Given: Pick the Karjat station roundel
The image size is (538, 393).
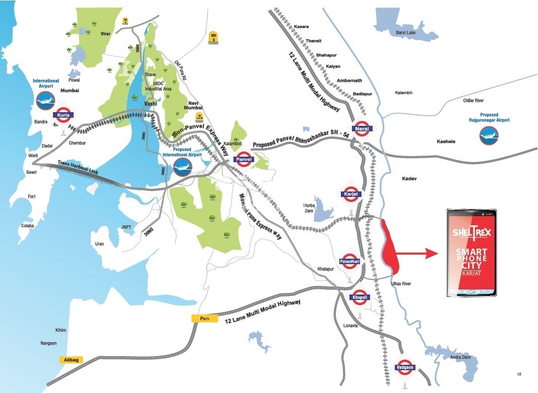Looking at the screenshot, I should [351, 193].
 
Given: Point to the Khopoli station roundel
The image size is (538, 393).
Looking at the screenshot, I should [361, 298].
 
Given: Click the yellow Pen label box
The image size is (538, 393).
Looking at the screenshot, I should [204, 318].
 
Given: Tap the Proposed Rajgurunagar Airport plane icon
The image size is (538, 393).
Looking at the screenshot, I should [489, 135].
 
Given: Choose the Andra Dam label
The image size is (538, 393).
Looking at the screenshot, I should [460, 357].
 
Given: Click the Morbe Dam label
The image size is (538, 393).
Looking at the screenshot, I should [309, 208].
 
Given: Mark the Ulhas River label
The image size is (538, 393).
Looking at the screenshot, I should [401, 284].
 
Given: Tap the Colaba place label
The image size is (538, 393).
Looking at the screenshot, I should [27, 225].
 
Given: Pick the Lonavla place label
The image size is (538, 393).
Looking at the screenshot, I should [350, 326].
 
